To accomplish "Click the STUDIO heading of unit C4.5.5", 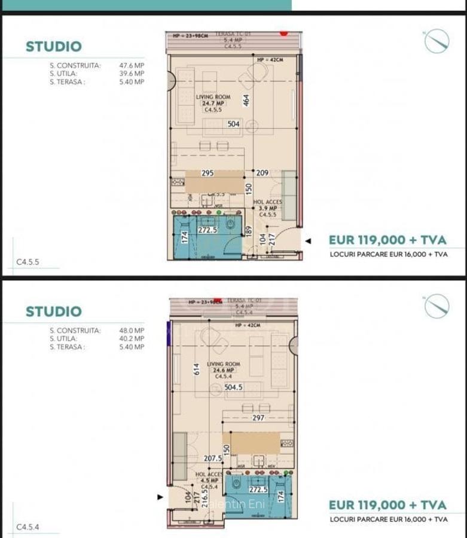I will (x=53, y=47).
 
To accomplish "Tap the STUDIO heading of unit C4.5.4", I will (x=53, y=311).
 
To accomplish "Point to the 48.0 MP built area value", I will (x=132, y=331).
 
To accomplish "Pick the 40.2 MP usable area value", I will (x=132, y=339).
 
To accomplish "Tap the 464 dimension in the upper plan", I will (x=246, y=100).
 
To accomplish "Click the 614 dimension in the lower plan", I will (x=196, y=369).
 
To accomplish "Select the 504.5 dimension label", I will (x=233, y=387).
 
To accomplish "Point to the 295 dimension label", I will (x=207, y=173).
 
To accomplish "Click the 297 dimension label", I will (x=258, y=418).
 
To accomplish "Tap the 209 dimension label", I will (x=263, y=173).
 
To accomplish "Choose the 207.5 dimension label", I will (x=213, y=458).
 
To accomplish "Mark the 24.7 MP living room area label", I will (x=213, y=103).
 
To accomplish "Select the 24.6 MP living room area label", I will (x=224, y=371).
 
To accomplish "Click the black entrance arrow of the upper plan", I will (x=308, y=242).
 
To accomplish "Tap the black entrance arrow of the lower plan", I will (x=160, y=497).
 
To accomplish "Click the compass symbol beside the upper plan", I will (x=437, y=41).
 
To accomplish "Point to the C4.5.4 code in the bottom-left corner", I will (x=28, y=527).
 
